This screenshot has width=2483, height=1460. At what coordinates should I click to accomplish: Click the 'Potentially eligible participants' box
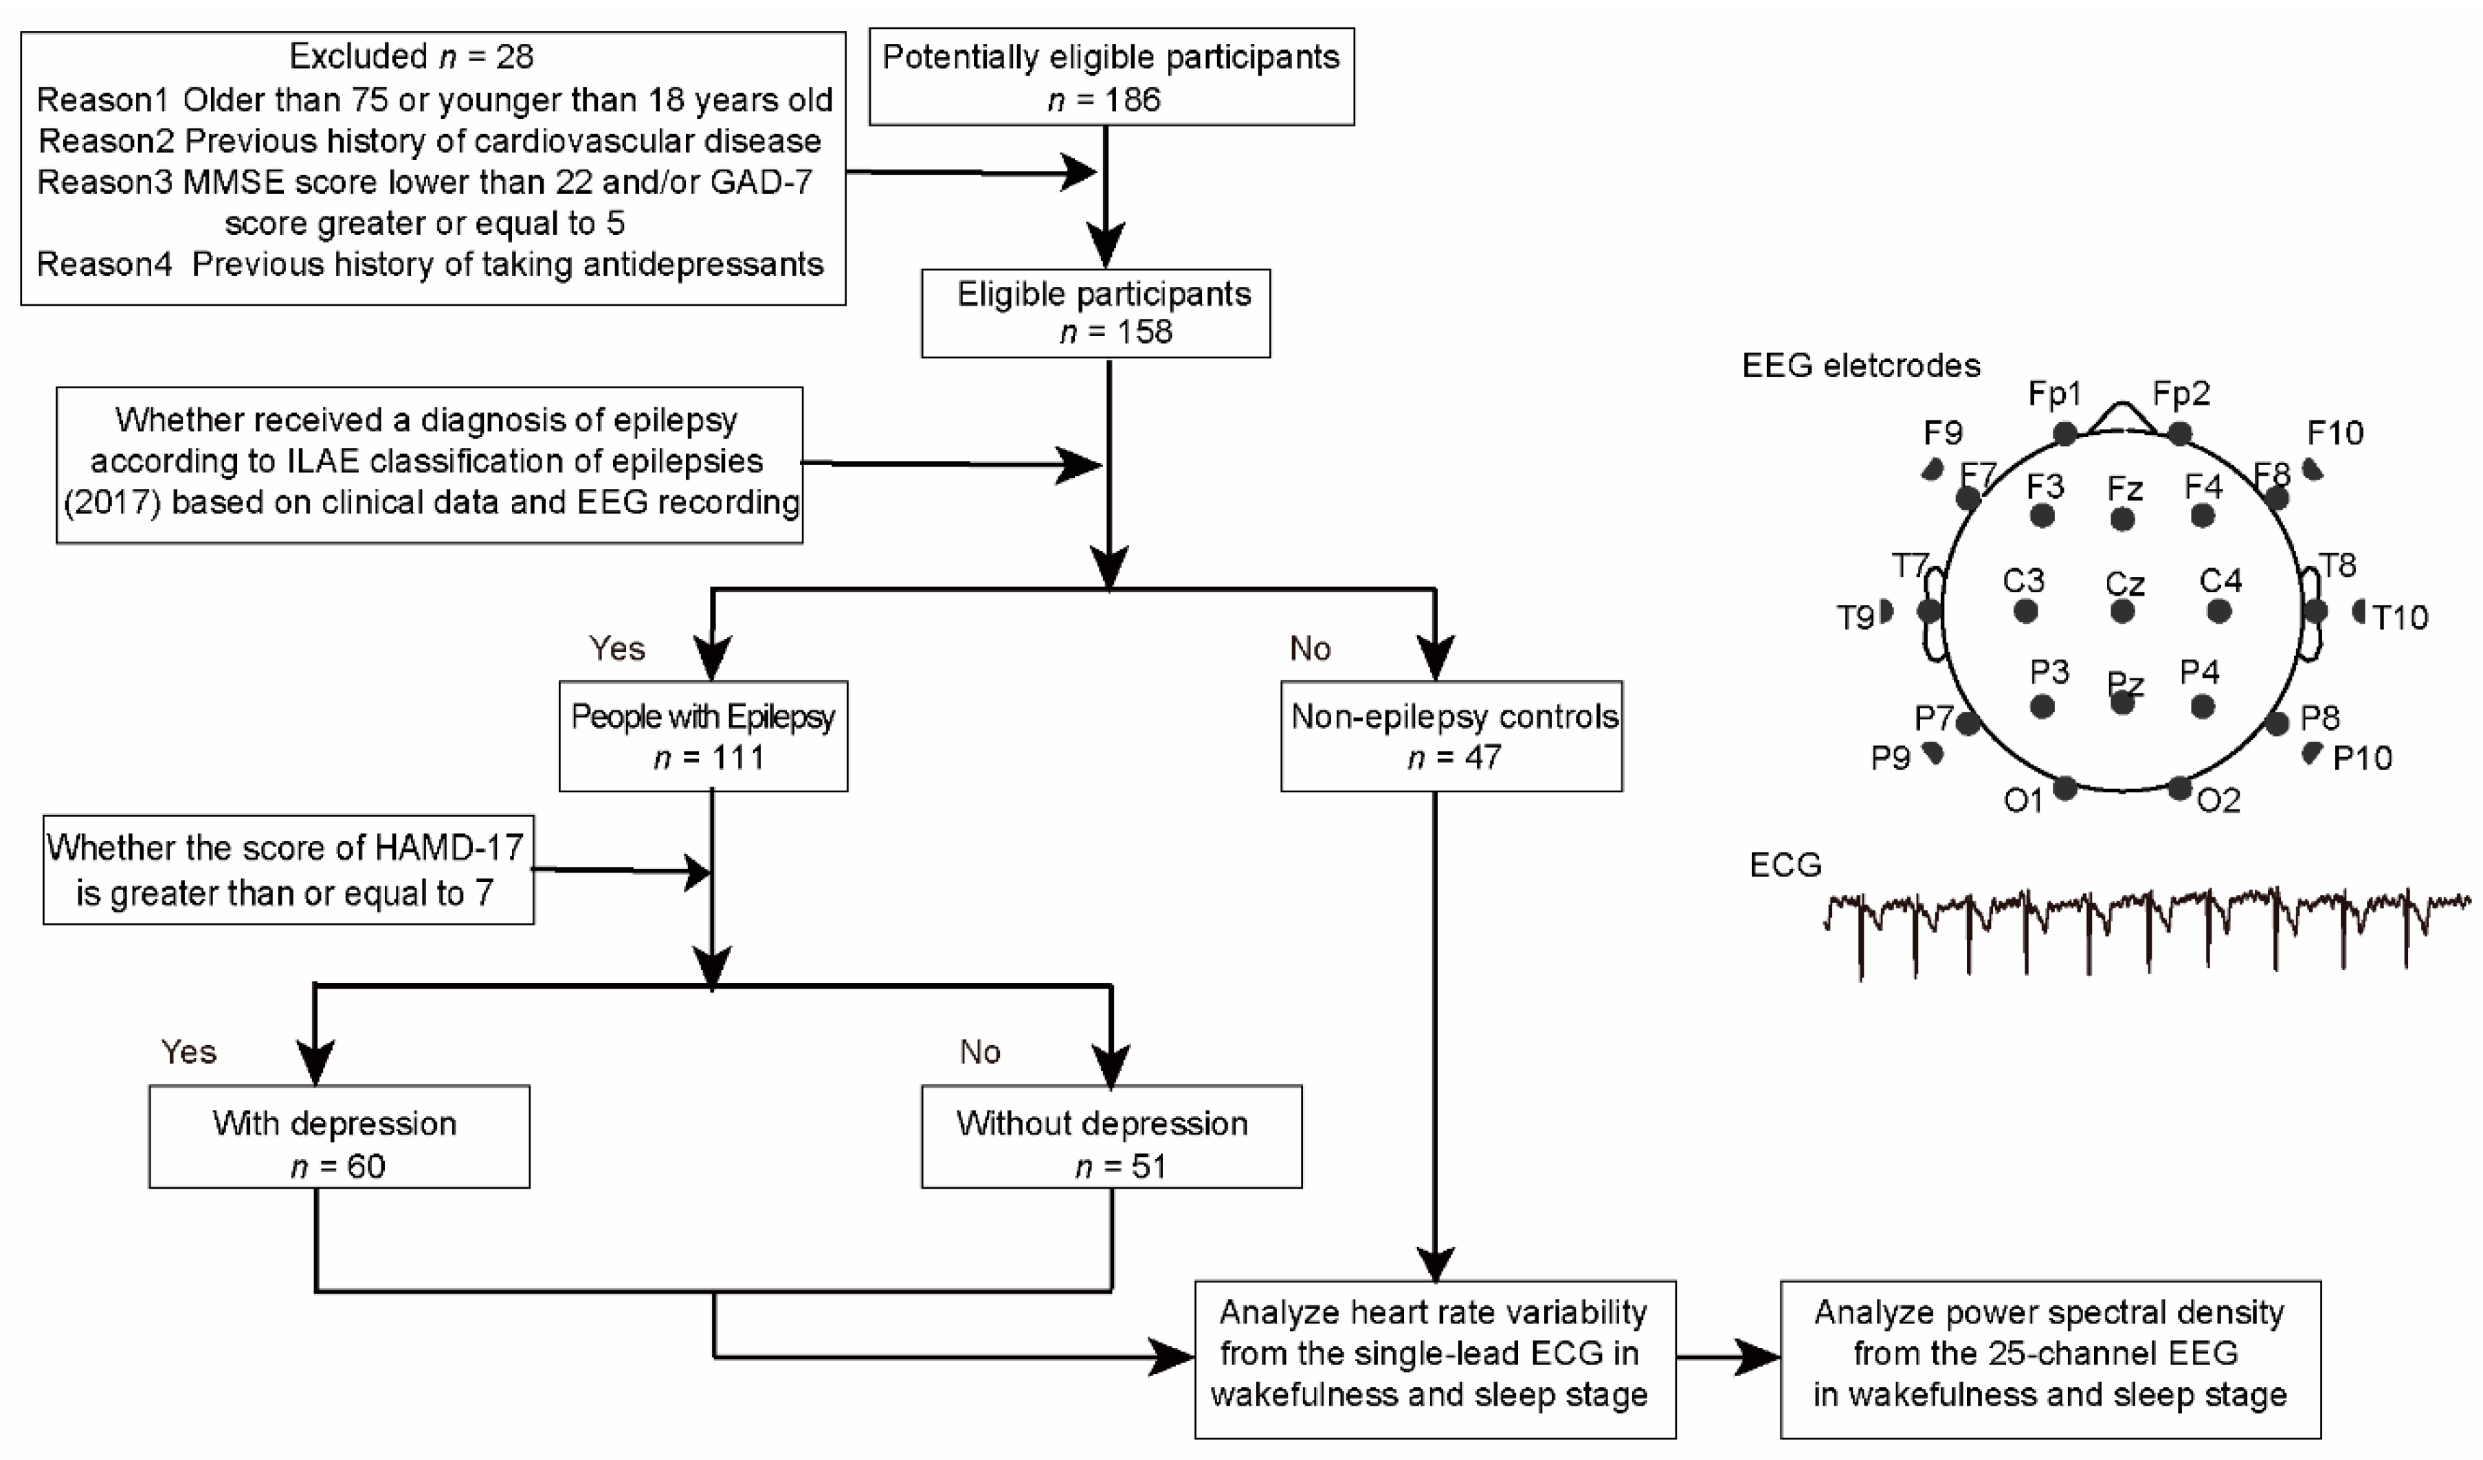coord(1111,77)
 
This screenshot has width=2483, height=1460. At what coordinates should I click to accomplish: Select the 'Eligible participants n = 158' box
coord(1095,313)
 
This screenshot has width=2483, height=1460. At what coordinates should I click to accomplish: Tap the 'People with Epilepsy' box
coord(702,735)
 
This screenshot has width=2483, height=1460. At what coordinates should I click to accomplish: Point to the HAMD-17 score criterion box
coord(288,869)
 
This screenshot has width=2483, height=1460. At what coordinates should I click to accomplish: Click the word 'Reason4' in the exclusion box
coord(104,264)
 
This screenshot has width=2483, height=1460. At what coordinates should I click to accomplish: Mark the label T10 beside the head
coord(2399,618)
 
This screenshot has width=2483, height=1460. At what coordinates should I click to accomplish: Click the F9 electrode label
coord(1943,432)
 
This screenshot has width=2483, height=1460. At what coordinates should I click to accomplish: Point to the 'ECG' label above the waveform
coord(1785,865)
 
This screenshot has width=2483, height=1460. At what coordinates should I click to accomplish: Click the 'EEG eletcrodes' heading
coord(1860,366)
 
